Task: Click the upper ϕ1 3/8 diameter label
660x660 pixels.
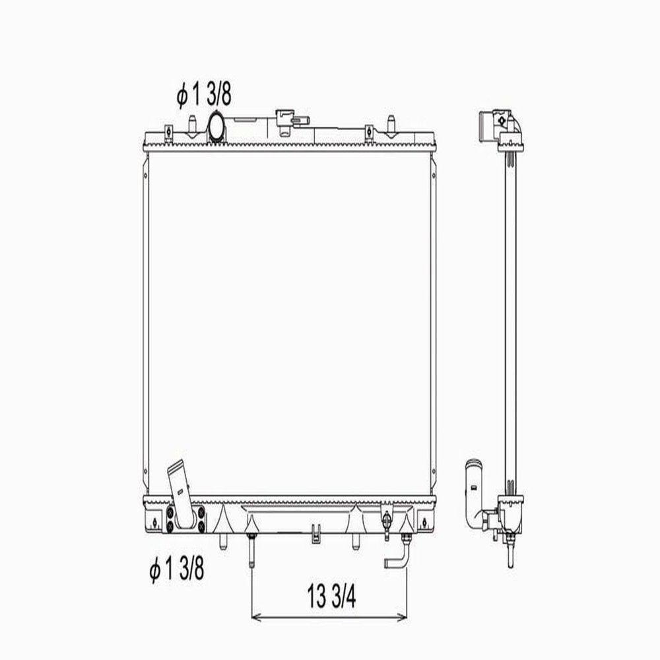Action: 204,95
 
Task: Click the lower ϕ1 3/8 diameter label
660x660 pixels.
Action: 177,569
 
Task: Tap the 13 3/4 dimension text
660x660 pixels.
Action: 331,597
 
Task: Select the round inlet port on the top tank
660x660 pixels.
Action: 216,126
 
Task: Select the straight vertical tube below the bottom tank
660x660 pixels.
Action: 251,550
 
